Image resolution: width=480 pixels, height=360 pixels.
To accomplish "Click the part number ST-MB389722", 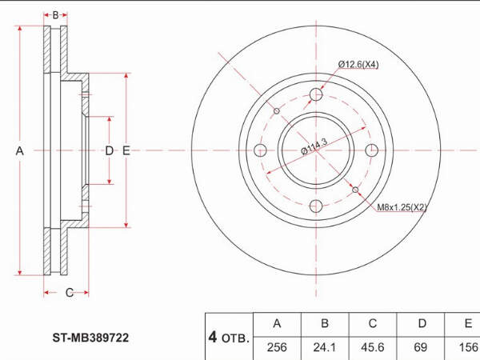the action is point(90,338).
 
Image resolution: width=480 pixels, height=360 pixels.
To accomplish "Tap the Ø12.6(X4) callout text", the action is point(358,65).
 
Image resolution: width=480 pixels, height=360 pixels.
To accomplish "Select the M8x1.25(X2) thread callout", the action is point(402,207).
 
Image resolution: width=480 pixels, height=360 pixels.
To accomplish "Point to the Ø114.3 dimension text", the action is point(314,146).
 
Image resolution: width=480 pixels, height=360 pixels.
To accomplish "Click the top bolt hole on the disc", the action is point(316,94).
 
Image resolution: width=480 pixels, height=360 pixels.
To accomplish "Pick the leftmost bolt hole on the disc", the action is point(260,150).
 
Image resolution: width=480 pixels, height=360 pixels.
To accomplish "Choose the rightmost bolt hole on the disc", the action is point(372,150).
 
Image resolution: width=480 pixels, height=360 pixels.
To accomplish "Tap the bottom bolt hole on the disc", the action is point(316,206).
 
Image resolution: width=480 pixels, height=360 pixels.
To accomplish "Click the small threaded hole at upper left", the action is point(277,111).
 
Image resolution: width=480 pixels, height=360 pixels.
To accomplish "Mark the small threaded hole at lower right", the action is point(355,190).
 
